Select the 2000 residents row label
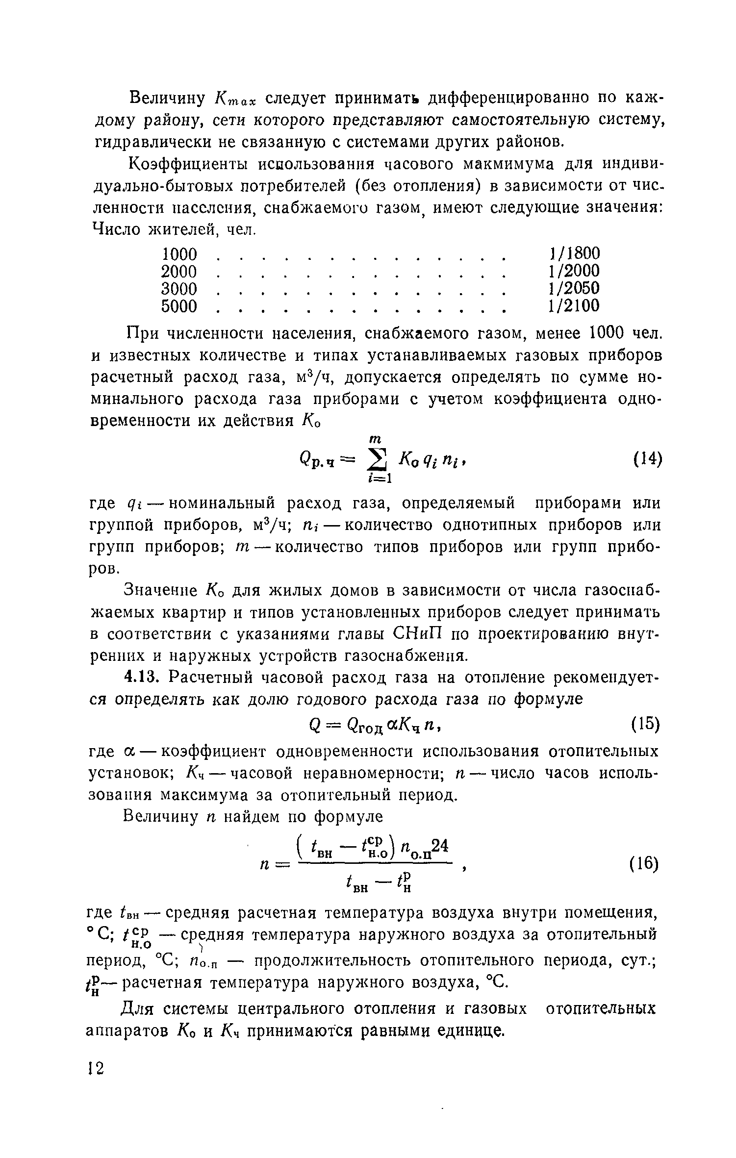179,271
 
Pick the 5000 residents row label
179,306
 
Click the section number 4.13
142,678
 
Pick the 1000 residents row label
179,253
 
